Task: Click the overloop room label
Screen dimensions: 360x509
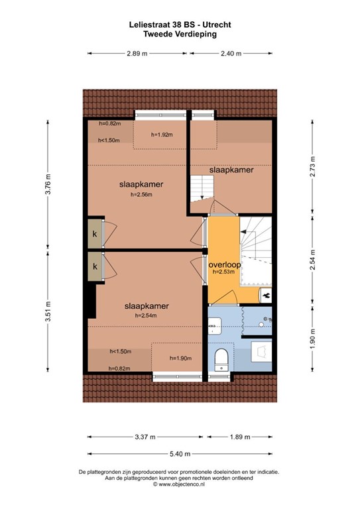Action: [225, 264]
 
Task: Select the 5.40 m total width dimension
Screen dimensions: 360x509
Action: [180, 454]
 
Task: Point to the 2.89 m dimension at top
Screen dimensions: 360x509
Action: [137, 53]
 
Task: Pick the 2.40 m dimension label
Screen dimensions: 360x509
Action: [231, 53]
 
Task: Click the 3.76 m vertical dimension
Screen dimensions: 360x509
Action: [48, 184]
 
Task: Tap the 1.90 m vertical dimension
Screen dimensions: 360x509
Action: [312, 339]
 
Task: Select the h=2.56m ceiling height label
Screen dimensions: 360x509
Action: [141, 195]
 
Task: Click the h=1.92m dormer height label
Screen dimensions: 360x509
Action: [162, 135]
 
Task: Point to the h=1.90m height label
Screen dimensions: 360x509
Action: [180, 358]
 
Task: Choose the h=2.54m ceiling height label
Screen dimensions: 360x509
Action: [146, 315]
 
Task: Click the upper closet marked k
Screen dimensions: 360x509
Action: [95, 234]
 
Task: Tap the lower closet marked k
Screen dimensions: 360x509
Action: [95, 266]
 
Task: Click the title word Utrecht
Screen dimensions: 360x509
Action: [219, 25]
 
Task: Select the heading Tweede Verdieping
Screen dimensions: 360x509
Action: [180, 34]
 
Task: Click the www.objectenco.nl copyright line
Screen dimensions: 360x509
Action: [179, 484]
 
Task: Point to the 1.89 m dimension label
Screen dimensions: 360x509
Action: [240, 437]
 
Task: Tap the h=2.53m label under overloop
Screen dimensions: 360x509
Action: [223, 272]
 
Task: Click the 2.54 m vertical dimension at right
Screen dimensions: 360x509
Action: [312, 259]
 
